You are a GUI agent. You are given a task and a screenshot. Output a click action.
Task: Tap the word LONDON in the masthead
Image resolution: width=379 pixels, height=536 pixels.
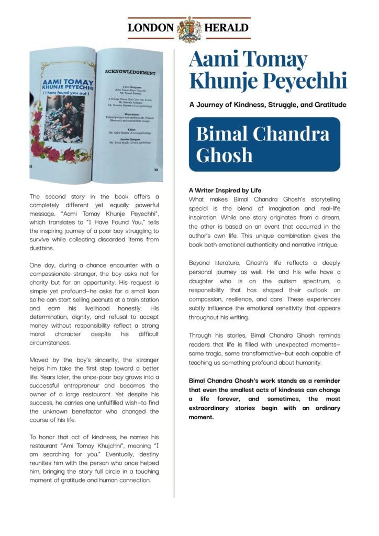point(151,28)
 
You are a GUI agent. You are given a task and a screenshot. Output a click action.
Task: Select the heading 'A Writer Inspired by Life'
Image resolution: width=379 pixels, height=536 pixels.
point(225,190)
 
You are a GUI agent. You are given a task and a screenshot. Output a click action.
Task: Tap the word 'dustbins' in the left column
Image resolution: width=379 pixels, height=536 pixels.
point(42,249)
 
